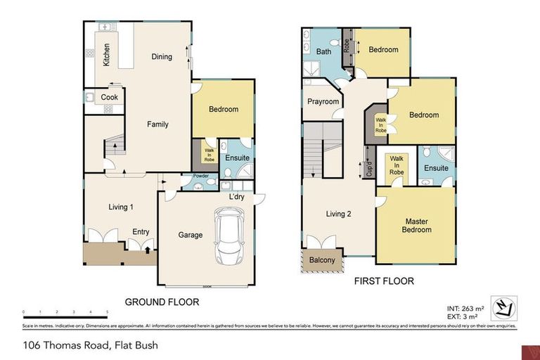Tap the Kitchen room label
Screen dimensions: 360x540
click(107, 54)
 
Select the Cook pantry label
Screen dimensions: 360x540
click(110, 97)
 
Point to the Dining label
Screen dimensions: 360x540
click(162, 57)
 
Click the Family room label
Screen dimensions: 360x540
click(157, 124)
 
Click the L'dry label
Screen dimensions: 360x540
click(237, 198)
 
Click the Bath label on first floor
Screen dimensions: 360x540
click(323, 52)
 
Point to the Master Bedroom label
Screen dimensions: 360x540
click(416, 226)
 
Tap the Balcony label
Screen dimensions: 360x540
click(323, 260)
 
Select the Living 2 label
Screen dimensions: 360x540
click(338, 214)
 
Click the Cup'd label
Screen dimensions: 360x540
click(369, 169)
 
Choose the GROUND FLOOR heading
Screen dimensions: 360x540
click(162, 302)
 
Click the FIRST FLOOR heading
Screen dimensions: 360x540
click(384, 281)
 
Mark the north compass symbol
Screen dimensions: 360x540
click(503, 307)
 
